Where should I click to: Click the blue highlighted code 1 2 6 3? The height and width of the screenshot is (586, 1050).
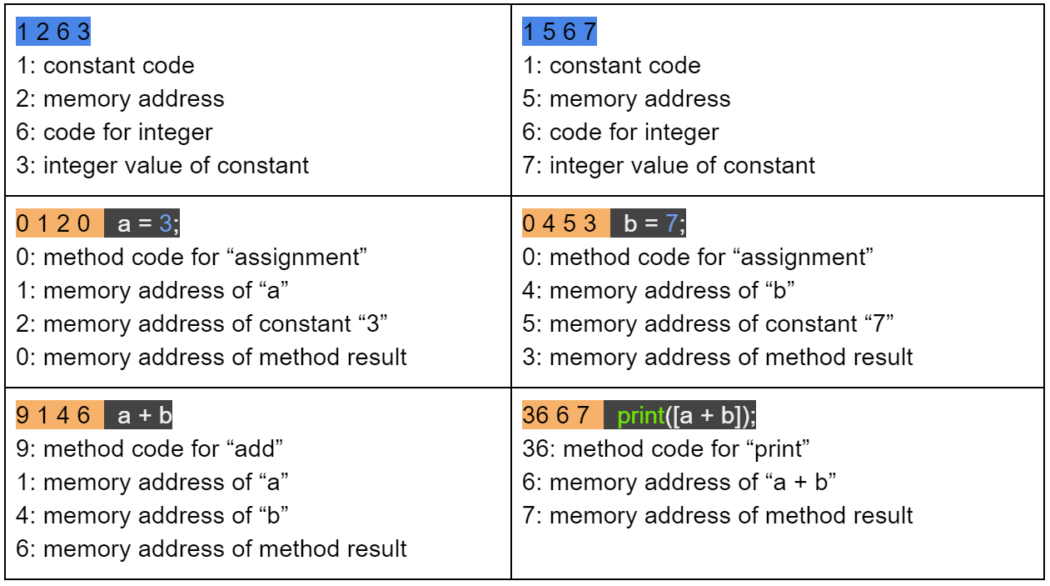(52, 33)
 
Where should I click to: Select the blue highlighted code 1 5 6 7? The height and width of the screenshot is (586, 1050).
(560, 33)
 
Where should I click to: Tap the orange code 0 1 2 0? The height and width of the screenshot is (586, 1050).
(58, 224)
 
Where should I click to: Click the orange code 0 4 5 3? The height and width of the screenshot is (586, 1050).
(565, 224)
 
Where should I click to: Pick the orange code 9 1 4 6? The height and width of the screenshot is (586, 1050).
(58, 415)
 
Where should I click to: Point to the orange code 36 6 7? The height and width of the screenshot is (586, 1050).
(561, 415)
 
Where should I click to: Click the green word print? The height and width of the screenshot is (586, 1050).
(641, 415)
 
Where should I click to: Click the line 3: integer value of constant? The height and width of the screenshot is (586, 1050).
(162, 166)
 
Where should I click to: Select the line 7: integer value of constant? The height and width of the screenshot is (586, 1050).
(669, 166)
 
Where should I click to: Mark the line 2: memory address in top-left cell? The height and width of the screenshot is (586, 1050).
(120, 99)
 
